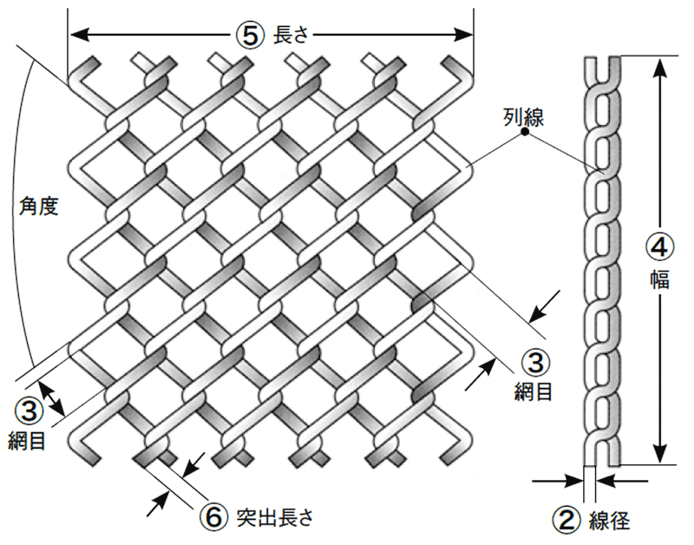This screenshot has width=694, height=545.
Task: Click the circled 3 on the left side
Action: [29, 408]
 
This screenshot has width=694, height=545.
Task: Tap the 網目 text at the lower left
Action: [29, 439]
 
